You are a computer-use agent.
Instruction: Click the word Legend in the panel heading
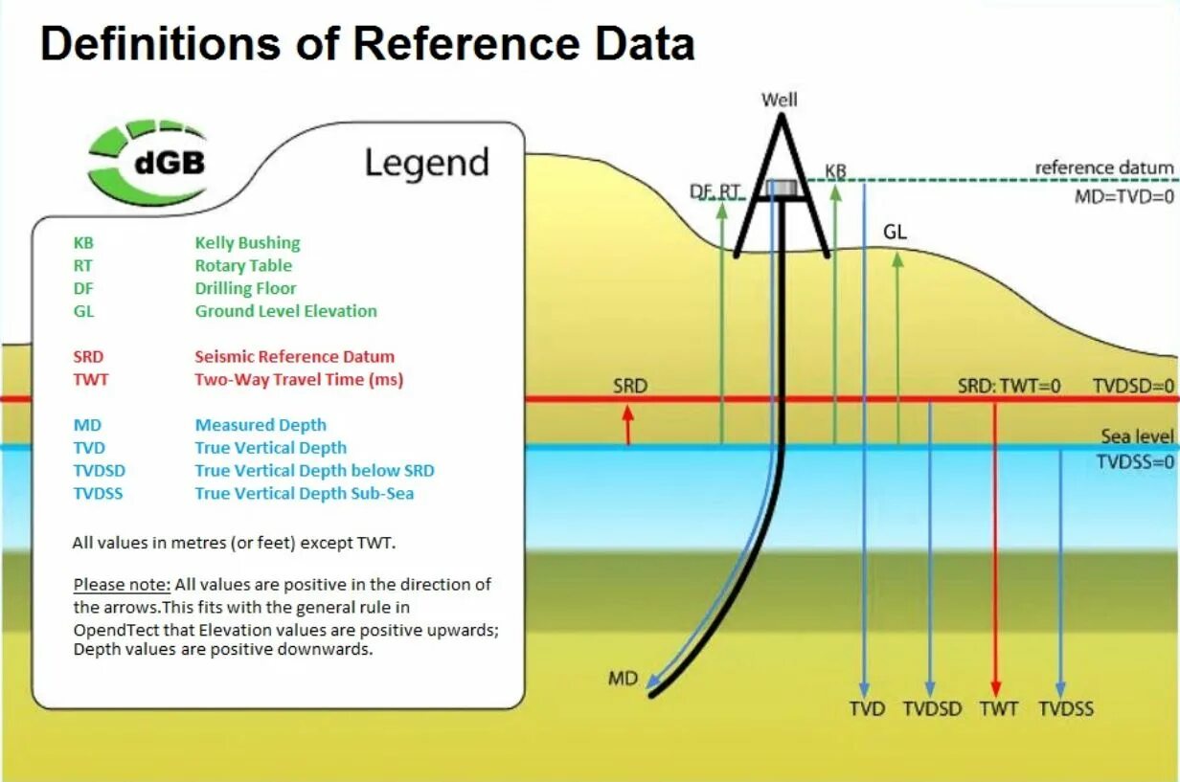[426, 164]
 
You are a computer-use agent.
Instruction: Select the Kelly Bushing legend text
[247, 243]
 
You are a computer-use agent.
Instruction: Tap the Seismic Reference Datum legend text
[294, 357]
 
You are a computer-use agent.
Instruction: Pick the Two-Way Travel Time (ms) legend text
[299, 380]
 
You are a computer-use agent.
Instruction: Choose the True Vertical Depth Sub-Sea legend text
[305, 494]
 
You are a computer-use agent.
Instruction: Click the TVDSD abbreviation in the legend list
[99, 471]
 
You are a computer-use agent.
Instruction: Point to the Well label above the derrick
[779, 100]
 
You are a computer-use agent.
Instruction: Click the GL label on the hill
[895, 233]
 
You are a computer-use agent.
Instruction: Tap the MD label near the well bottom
[623, 680]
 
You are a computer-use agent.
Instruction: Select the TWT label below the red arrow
[998, 709]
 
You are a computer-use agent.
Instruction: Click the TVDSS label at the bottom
[1066, 709]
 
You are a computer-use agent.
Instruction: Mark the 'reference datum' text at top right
[1103, 168]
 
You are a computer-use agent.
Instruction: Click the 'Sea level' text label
[1137, 436]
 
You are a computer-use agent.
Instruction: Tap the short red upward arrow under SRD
[628, 424]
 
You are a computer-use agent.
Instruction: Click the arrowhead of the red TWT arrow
[996, 688]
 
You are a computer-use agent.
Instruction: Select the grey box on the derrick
[783, 188]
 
